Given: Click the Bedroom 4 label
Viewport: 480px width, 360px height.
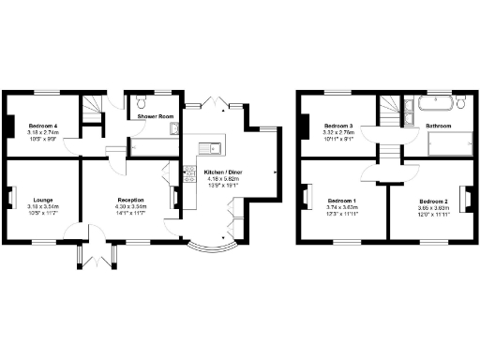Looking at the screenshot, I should click(42, 126).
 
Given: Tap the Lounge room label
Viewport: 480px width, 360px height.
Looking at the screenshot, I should click(43, 200).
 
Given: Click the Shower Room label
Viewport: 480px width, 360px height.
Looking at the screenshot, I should click(156, 116).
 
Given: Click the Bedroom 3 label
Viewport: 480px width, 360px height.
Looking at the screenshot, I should click(338, 126).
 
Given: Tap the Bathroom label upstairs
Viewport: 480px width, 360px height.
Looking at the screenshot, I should click(440, 125).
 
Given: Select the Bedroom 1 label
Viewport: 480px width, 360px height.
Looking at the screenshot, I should click(341, 201).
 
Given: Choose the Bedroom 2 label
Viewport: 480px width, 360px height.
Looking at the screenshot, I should click(433, 201).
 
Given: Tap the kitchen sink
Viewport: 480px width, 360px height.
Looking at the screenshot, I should click(213, 146).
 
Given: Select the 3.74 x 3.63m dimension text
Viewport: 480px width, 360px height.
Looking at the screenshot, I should click(341, 207).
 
